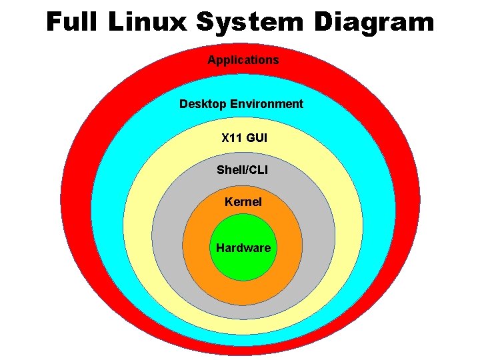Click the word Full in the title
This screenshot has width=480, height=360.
tap(74, 23)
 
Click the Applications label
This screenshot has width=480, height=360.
tap(243, 60)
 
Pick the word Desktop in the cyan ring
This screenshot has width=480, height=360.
tap(203, 104)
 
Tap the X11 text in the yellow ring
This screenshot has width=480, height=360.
tap(232, 139)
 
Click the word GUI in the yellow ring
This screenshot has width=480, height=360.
tap(257, 139)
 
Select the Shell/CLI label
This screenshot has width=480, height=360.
tap(242, 170)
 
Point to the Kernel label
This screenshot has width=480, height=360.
tap(243, 201)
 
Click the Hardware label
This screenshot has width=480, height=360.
tap(243, 248)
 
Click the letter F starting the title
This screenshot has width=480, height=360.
tap(53, 23)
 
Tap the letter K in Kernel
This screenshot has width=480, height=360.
tap(229, 201)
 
